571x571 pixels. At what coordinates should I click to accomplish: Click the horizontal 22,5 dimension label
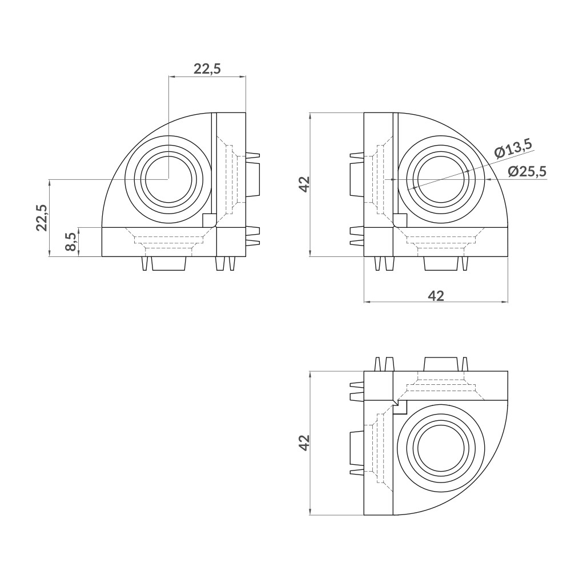(207, 69)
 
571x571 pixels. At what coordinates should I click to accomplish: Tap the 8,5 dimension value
(70, 242)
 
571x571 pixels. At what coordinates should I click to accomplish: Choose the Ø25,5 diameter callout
(526, 171)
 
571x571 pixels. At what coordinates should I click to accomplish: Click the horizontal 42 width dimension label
(436, 295)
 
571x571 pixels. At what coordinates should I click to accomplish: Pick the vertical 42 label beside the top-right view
(304, 184)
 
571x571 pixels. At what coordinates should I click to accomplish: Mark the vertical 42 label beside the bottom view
(304, 443)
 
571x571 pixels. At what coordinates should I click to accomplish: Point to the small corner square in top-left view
(209, 220)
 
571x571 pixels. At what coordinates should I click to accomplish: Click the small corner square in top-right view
(400, 220)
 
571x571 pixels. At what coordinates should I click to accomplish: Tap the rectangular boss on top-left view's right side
(253, 179)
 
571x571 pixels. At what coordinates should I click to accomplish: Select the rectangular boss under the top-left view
(168, 263)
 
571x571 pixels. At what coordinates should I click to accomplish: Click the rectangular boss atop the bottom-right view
(441, 364)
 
